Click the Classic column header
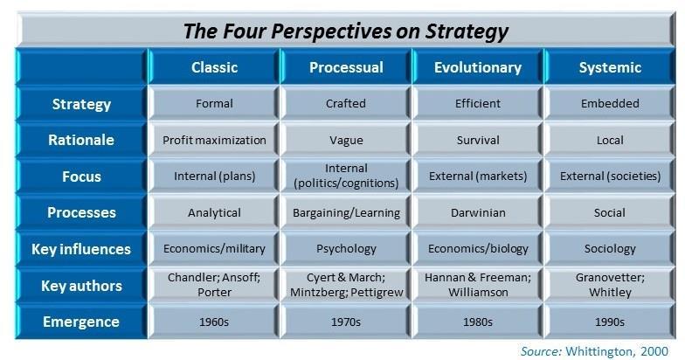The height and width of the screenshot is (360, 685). [x=214, y=67]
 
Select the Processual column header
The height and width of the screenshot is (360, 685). [x=346, y=67]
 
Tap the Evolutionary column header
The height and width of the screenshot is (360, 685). [x=478, y=67]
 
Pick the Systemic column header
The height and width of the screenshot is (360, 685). [x=610, y=67]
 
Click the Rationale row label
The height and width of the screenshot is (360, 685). [x=81, y=140]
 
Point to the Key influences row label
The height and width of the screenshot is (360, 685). [x=81, y=249]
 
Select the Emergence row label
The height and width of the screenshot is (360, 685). [x=81, y=322]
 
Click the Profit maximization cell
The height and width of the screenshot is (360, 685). [x=214, y=140]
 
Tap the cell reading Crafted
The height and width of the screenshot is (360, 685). [x=346, y=103]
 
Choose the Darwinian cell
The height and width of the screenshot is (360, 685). [x=478, y=213]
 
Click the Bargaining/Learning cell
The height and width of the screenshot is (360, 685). [x=346, y=213]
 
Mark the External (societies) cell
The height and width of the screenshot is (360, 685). [x=610, y=177]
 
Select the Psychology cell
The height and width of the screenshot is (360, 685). [x=346, y=249]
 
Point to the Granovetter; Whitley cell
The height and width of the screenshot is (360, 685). [x=610, y=285]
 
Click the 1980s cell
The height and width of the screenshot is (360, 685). [x=478, y=322]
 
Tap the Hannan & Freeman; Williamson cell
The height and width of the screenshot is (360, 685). [x=478, y=285]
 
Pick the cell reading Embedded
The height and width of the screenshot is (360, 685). [x=610, y=103]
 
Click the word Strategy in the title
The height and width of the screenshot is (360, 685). [x=467, y=31]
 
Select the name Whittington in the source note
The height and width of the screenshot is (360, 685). [x=598, y=351]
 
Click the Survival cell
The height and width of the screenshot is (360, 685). [x=478, y=140]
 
